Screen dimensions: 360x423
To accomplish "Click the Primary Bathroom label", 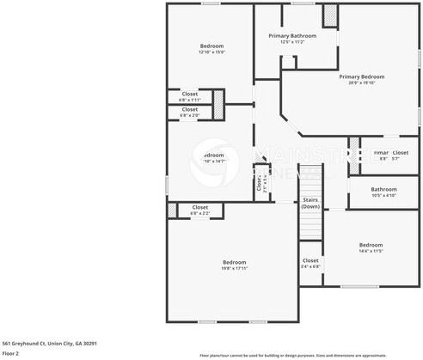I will (291, 35).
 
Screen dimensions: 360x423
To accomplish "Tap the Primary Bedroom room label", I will (360, 76).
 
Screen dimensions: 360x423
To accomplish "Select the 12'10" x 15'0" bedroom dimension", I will (211, 52).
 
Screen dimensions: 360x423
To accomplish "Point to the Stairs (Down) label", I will (310, 203).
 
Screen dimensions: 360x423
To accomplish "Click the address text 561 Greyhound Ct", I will (49, 343).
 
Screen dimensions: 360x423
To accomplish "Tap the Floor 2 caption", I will (10, 353).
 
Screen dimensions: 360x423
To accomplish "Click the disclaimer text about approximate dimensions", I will (305, 354).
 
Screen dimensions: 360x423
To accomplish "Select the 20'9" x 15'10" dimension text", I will (360, 82).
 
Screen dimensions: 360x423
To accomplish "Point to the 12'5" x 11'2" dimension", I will (291, 41).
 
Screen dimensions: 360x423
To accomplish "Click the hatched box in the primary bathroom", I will (330, 17).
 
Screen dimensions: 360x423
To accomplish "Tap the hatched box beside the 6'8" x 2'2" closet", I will (171, 210).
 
